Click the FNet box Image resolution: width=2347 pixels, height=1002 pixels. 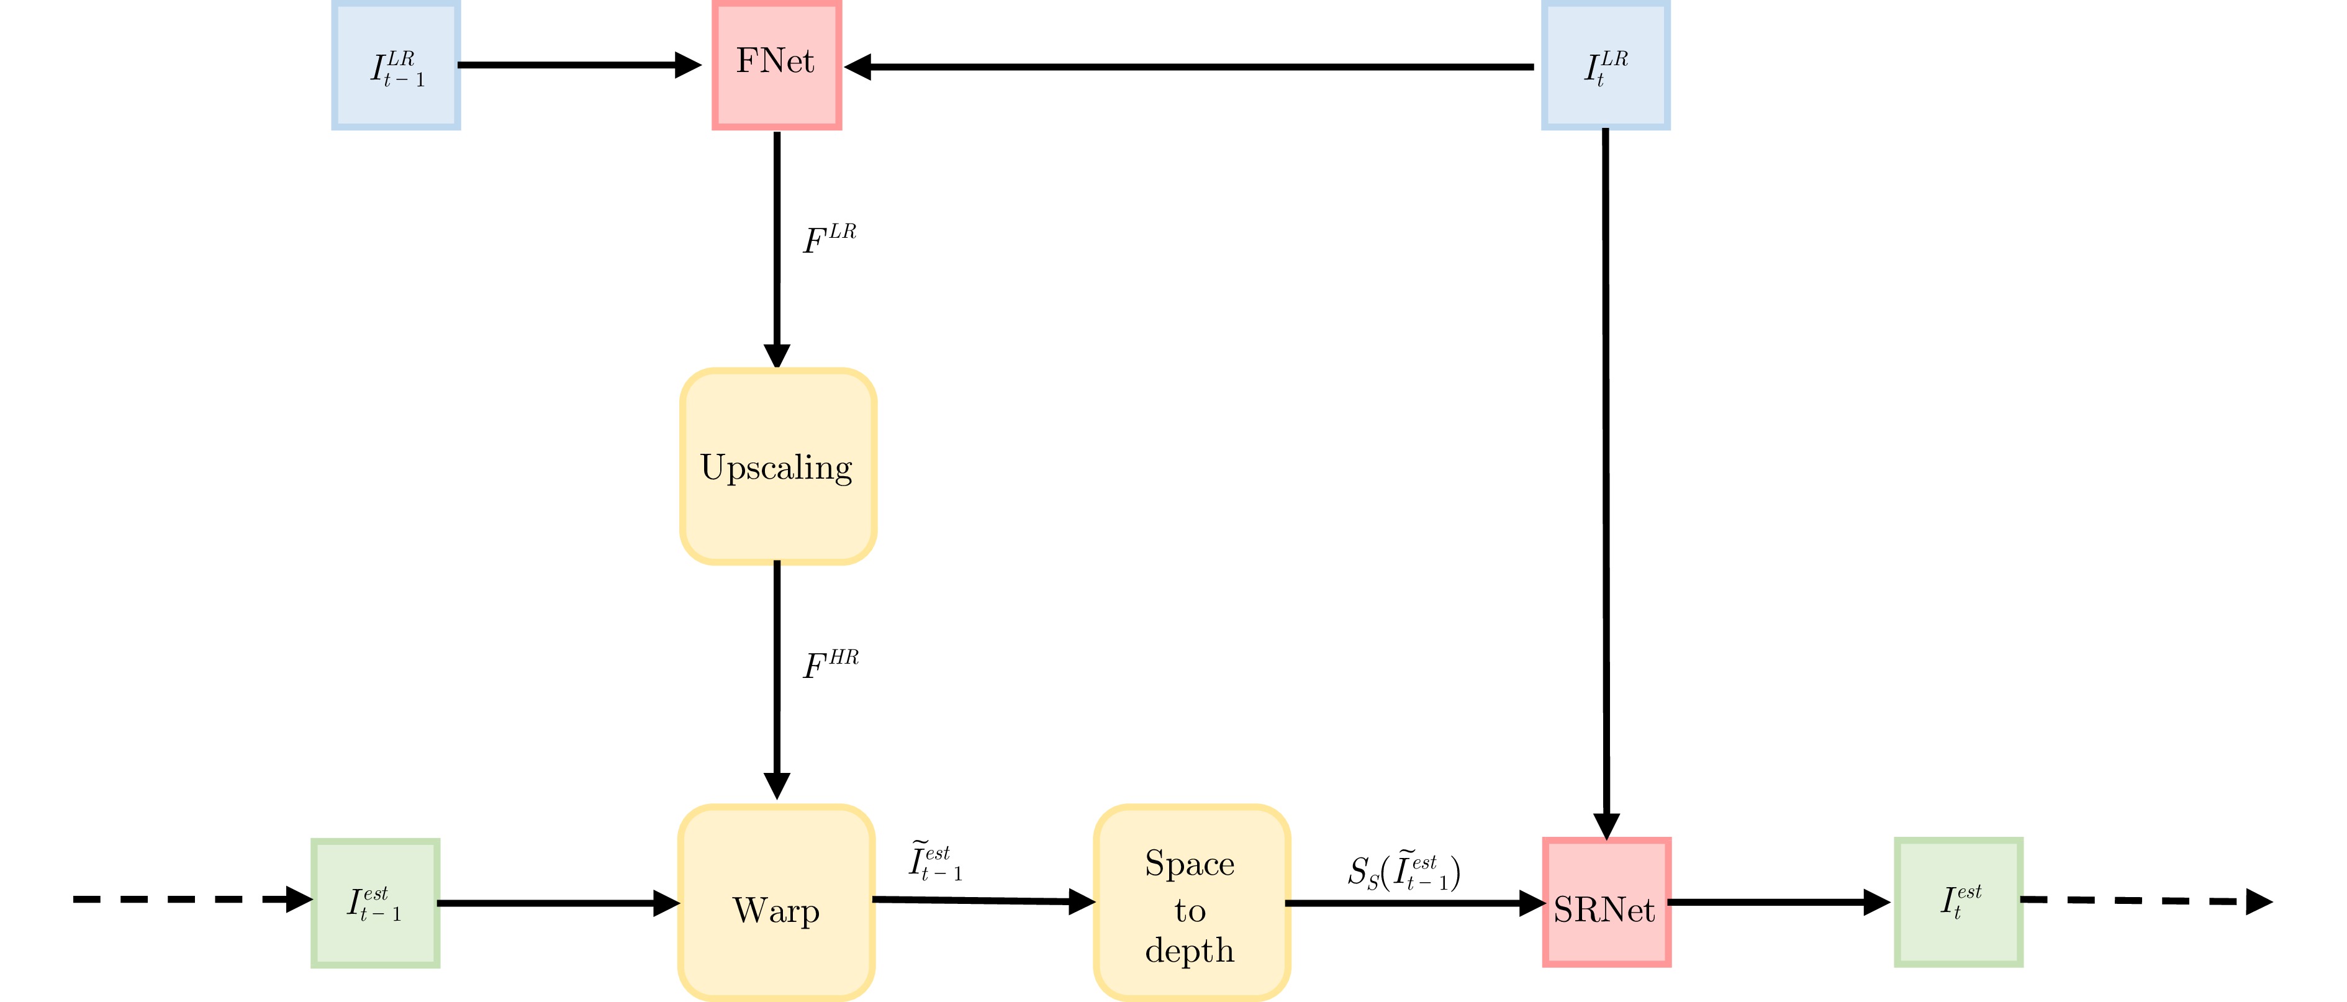click(776, 65)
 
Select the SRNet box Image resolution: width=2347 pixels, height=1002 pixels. click(1606, 902)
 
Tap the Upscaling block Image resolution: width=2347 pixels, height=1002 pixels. click(778, 466)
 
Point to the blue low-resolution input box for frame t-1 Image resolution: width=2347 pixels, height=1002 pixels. click(396, 65)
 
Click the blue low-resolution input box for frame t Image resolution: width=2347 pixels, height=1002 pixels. click(1606, 65)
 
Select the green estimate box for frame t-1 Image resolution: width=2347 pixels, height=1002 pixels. click(376, 903)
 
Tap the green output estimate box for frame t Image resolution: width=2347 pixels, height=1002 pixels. click(1959, 902)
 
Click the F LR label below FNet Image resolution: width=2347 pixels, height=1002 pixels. click(829, 238)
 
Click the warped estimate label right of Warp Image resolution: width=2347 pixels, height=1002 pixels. click(935, 861)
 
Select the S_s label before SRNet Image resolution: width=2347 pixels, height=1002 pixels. click(1404, 872)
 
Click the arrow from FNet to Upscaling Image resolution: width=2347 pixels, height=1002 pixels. click(777, 250)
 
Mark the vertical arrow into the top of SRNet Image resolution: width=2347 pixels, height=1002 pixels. click(1606, 484)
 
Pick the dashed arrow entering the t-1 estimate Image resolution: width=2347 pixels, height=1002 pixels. click(193, 899)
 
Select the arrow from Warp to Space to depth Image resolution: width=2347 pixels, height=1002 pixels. click(984, 901)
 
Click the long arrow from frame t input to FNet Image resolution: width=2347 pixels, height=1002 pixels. click(1189, 66)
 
